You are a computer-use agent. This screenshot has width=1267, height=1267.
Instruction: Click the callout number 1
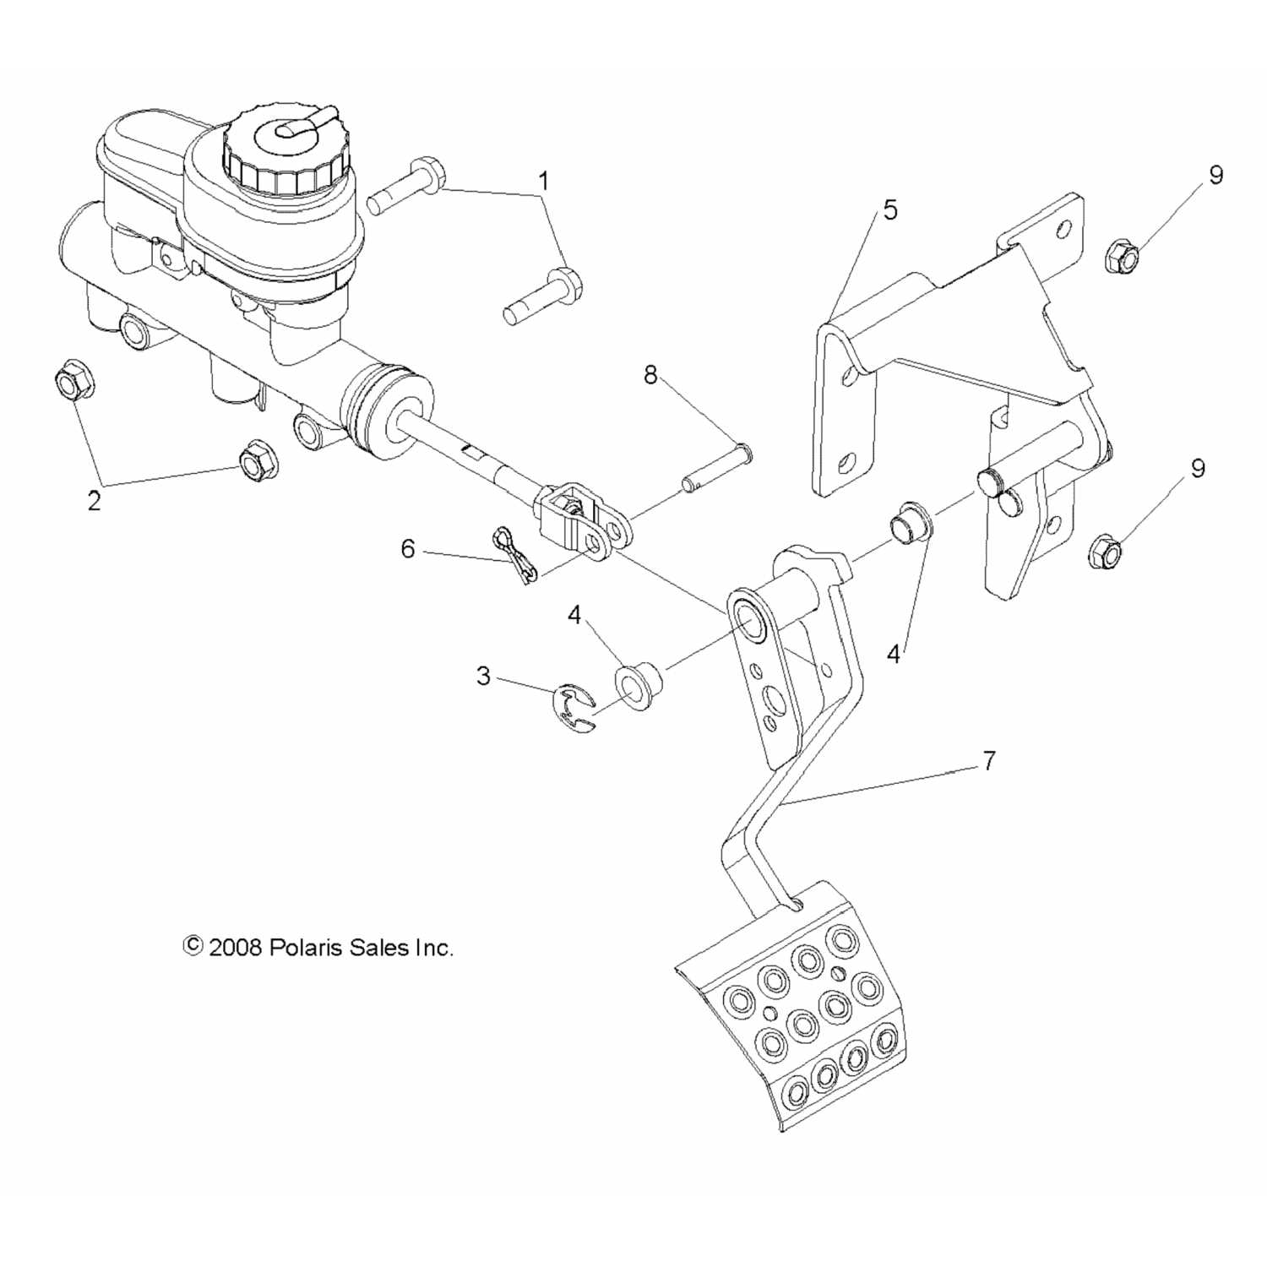click(545, 180)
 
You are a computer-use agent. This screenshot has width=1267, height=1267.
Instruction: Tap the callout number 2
click(94, 500)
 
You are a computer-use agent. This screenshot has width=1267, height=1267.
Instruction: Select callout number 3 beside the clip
click(483, 676)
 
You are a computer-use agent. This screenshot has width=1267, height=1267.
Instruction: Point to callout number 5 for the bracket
click(890, 210)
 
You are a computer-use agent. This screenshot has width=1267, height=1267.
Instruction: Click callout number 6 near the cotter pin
click(408, 550)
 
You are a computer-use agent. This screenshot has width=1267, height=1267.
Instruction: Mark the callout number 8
click(650, 374)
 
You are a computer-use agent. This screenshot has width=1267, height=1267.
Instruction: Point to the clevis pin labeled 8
click(715, 465)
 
